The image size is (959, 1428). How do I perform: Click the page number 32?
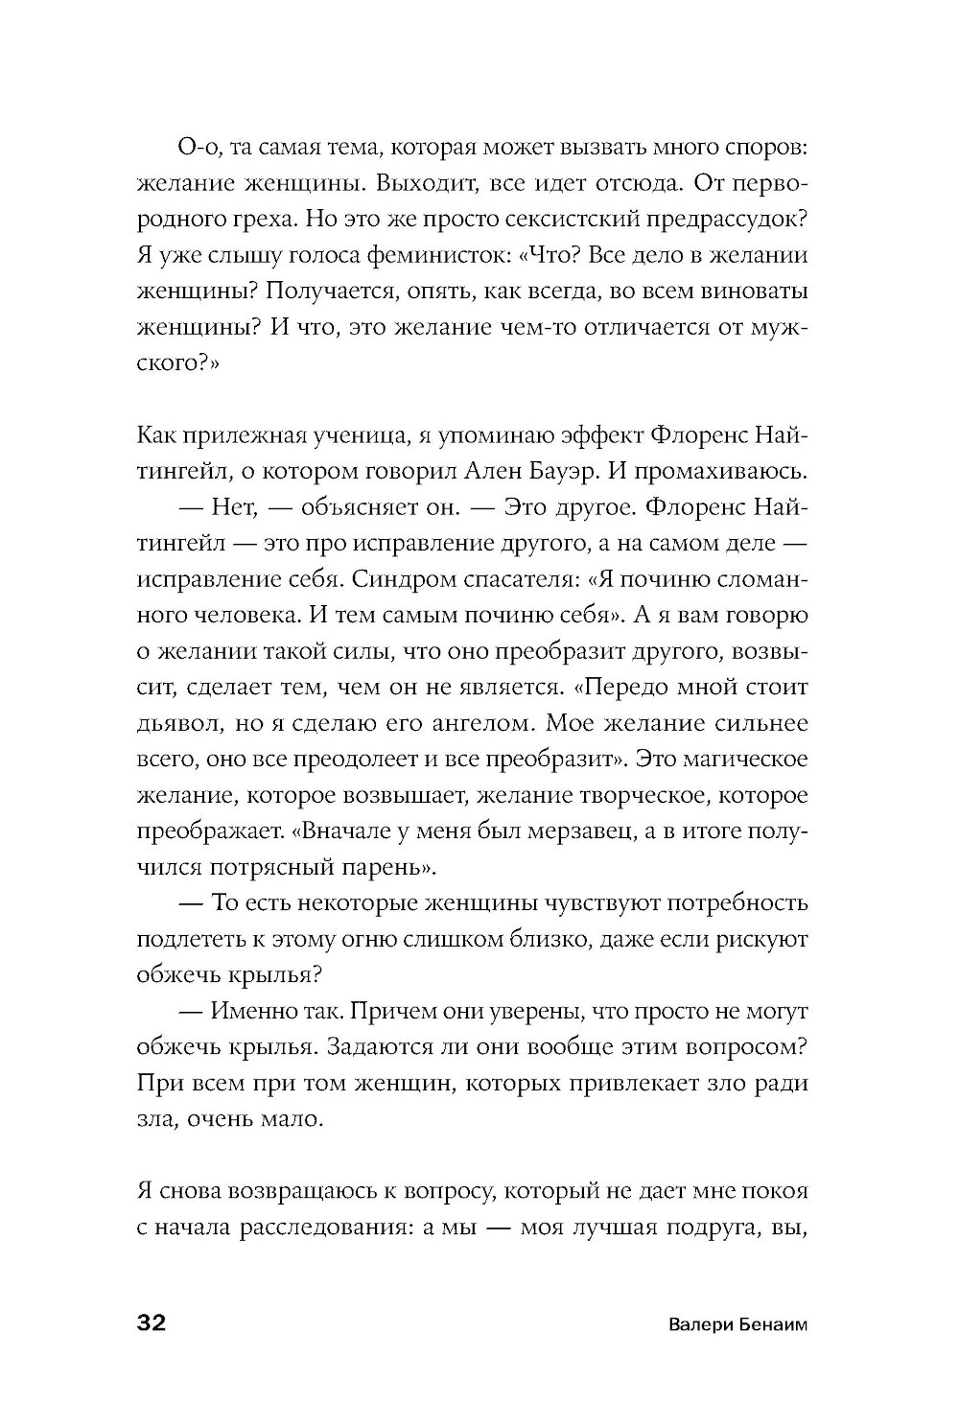pyautogui.click(x=152, y=1324)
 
